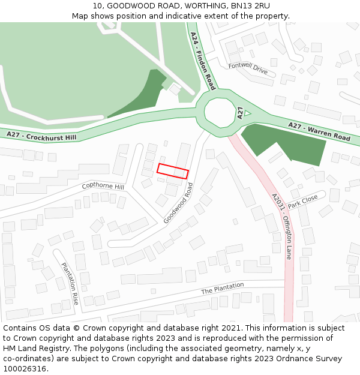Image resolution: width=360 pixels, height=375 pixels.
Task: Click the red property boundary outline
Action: [x=173, y=171]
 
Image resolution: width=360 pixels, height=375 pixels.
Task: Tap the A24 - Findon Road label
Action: [x=202, y=61]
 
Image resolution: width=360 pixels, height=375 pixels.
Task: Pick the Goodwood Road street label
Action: [x=179, y=204]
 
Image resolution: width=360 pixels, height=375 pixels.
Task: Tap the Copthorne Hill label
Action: [x=103, y=187]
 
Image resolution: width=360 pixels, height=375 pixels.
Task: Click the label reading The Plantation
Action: [x=222, y=289]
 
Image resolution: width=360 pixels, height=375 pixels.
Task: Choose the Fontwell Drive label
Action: [x=248, y=68]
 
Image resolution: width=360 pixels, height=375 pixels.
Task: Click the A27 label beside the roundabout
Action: [x=239, y=112]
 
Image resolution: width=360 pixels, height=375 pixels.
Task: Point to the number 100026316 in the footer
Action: [x=24, y=368]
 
